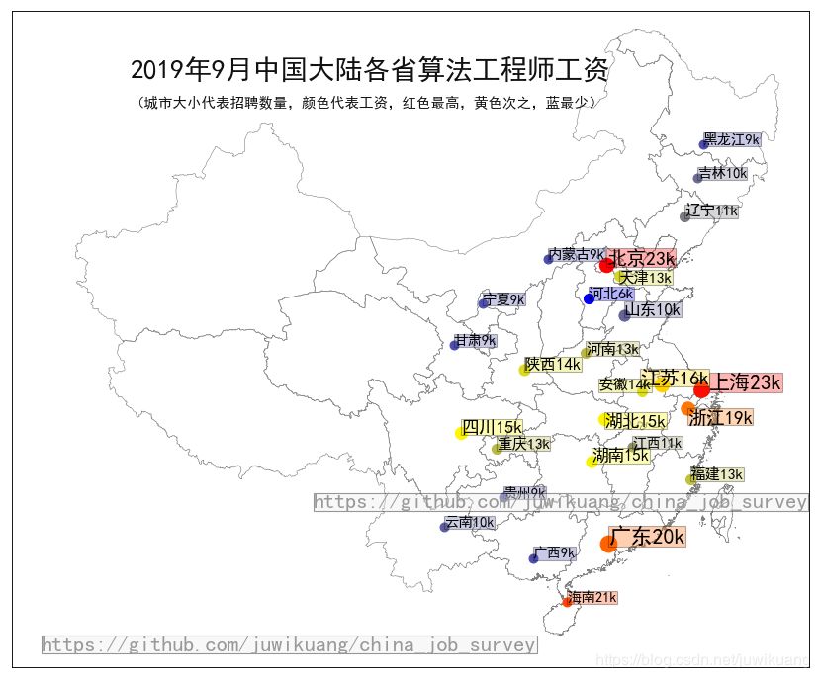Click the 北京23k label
[642, 258]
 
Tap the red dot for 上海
[701, 390]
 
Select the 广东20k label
[648, 537]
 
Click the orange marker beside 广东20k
[608, 544]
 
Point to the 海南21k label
[592, 597]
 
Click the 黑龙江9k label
[732, 139]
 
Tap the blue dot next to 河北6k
[589, 298]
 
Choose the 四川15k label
[493, 427]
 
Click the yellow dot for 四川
[461, 433]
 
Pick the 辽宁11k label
[712, 211]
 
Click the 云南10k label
[469, 522]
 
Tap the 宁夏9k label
[503, 298]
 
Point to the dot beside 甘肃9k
[454, 345]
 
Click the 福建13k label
[717, 474]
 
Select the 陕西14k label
[553, 364]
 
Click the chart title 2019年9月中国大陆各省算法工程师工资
[370, 70]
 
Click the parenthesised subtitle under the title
[368, 102]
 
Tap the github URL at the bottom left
[289, 645]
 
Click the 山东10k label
[652, 309]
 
